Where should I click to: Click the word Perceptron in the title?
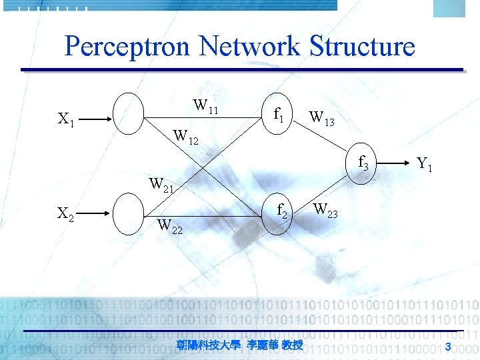click(x=127, y=47)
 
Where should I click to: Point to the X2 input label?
click(x=65, y=214)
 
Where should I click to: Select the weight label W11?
click(x=205, y=106)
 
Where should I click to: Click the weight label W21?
click(x=161, y=183)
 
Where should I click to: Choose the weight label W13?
click(x=321, y=119)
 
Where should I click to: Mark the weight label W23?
click(x=325, y=211)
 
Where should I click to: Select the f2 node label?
click(x=282, y=212)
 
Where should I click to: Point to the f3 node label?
click(x=363, y=162)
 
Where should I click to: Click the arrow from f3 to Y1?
click(x=396, y=162)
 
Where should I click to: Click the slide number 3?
click(x=449, y=345)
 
